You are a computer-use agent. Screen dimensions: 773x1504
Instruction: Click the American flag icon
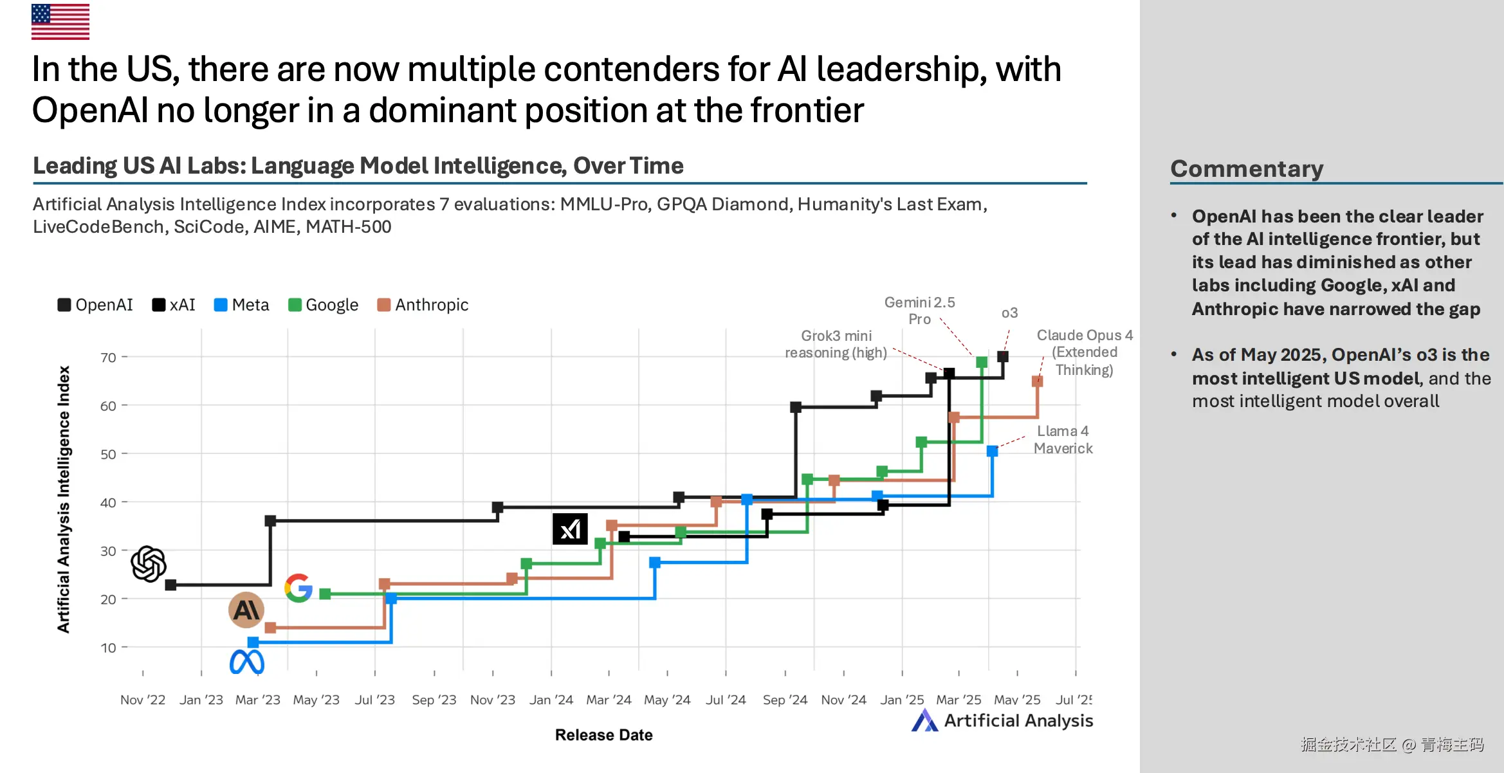[60, 22]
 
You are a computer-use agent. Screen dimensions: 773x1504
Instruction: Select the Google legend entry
[324, 305]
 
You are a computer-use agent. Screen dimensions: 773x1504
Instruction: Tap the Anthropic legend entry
[423, 305]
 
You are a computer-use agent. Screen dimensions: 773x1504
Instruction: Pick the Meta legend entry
[242, 305]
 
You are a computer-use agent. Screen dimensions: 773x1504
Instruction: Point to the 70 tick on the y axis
[108, 358]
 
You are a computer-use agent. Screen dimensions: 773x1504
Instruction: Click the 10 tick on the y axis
[108, 648]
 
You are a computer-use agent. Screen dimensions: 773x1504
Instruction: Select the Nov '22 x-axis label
[143, 700]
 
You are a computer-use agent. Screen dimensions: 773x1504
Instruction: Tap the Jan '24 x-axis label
[551, 700]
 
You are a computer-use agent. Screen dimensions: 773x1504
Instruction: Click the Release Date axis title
[603, 735]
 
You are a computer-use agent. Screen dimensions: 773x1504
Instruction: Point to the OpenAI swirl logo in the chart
[149, 564]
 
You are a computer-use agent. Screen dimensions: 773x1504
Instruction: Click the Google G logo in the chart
[298, 588]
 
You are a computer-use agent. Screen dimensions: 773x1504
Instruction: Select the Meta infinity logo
[247, 662]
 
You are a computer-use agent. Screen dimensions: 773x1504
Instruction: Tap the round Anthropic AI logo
[246, 610]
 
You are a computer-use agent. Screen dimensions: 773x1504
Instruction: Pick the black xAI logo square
[570, 529]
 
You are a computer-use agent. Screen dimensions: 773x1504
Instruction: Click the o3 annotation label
[1009, 313]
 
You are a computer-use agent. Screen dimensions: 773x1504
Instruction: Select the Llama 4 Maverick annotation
[1063, 440]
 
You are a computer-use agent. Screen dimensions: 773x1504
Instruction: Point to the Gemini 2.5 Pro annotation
[919, 311]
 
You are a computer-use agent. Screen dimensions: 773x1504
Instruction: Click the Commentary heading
[1247, 168]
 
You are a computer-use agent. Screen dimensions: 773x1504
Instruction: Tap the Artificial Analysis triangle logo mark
[924, 721]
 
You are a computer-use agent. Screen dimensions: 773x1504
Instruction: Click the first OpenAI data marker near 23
[170, 585]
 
